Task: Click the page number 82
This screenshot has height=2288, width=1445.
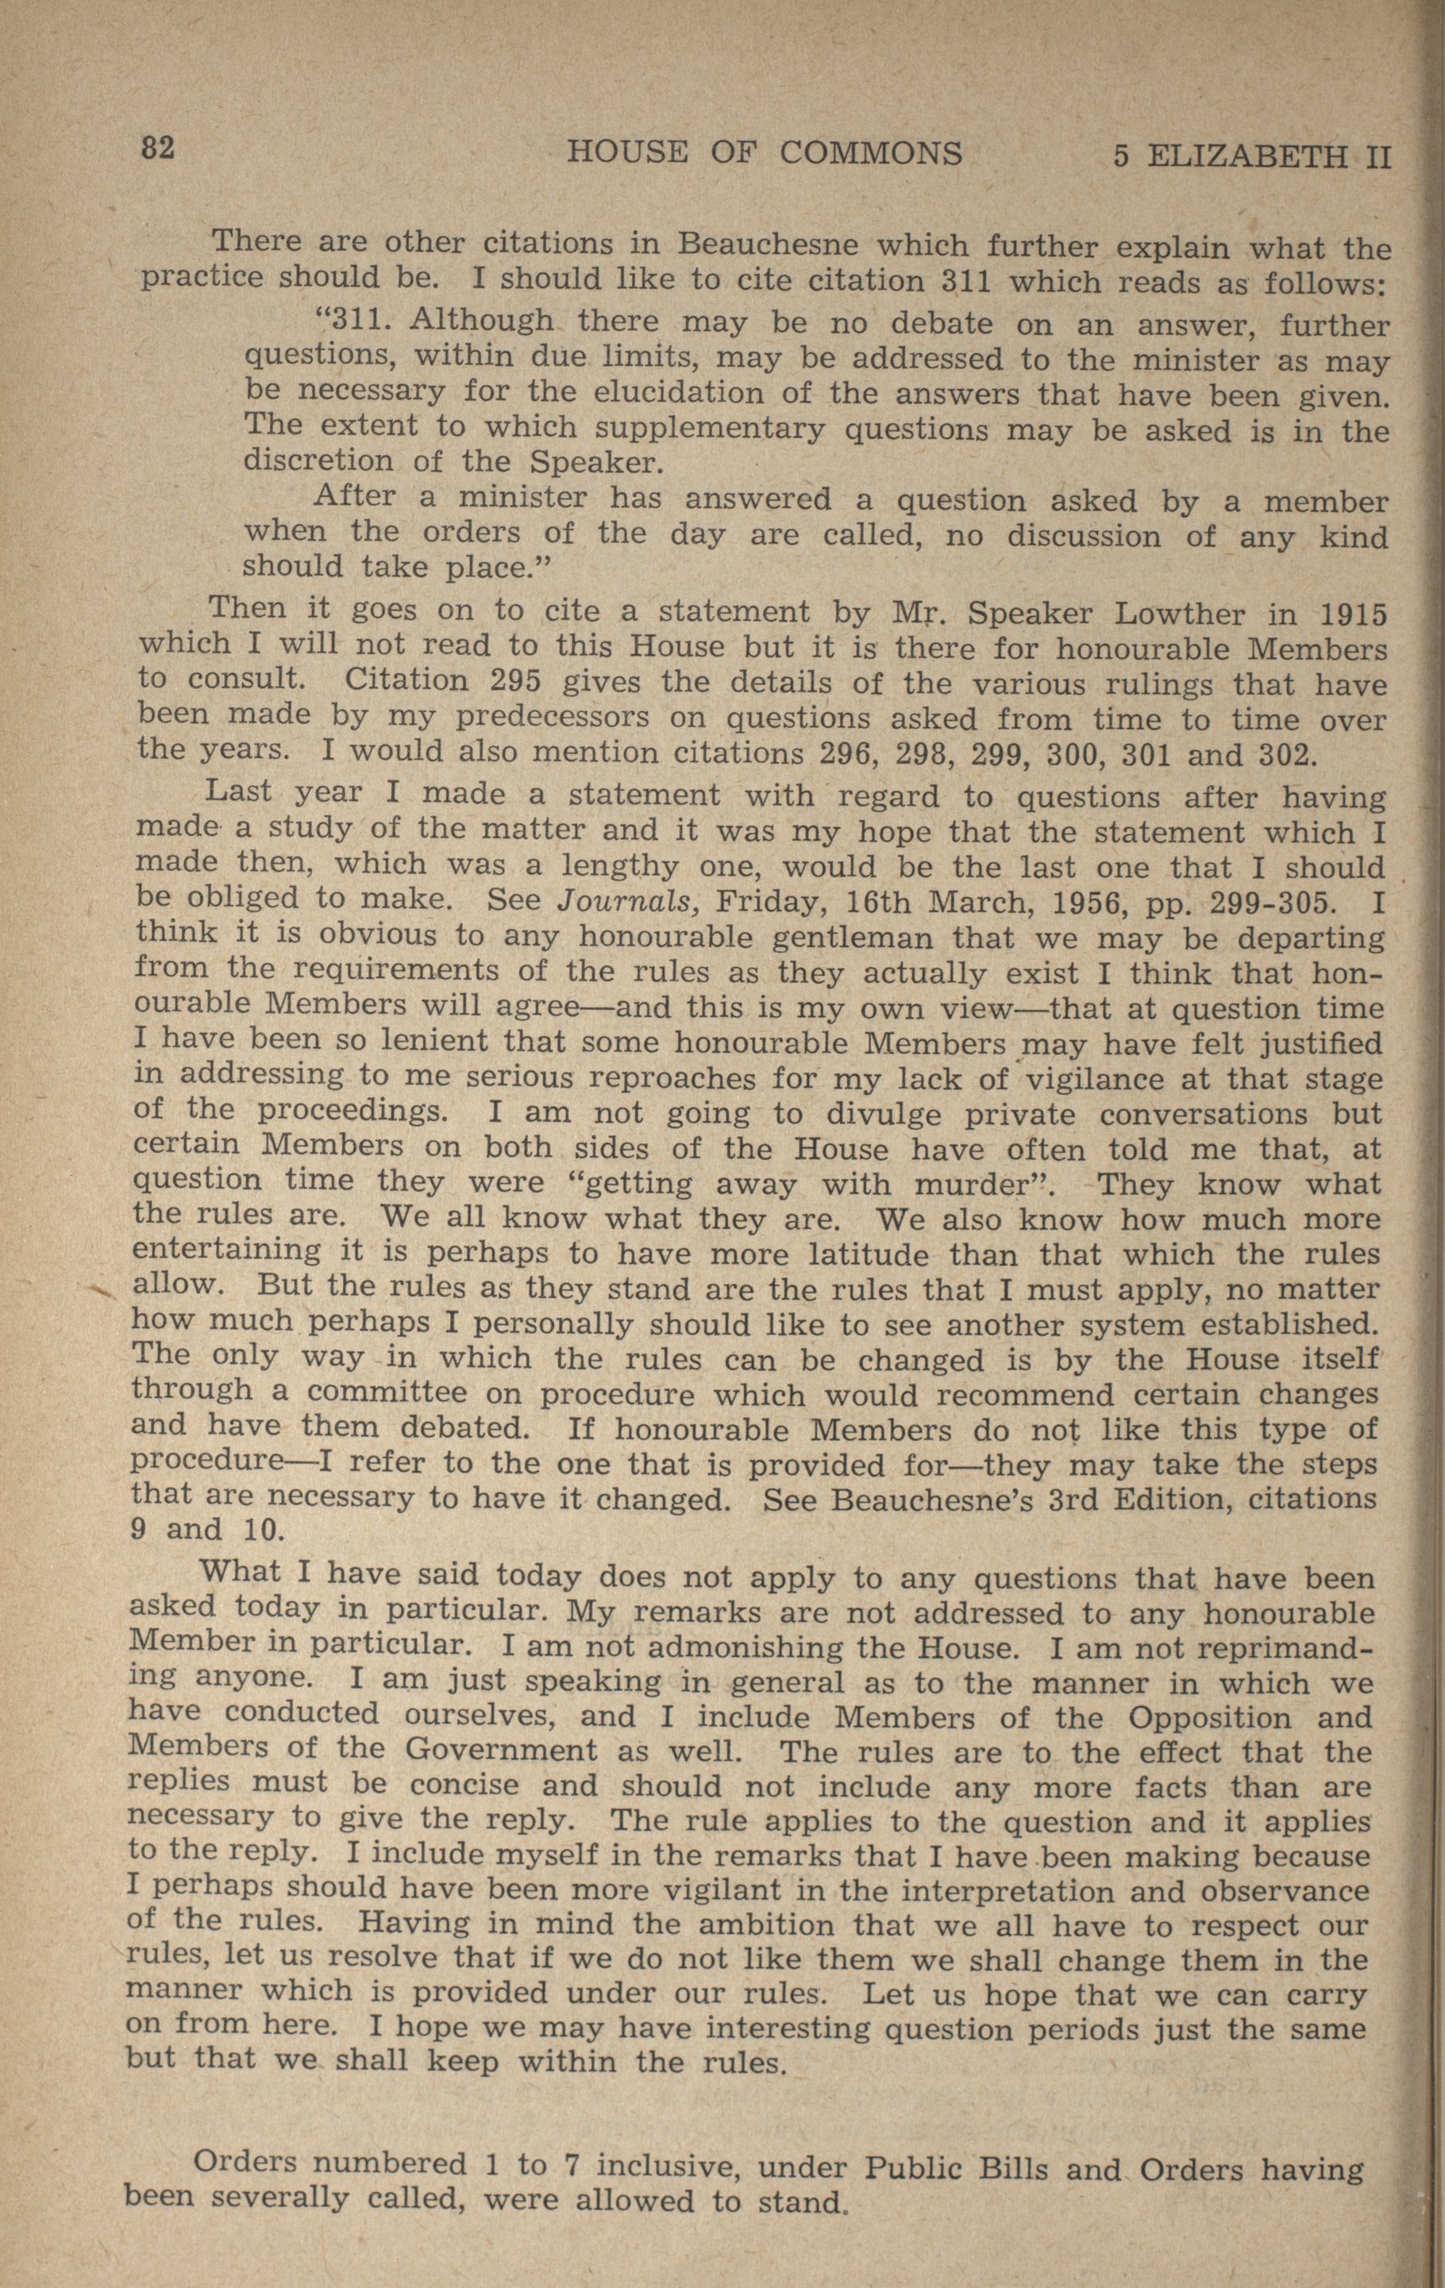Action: (x=158, y=148)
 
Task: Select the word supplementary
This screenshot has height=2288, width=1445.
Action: (x=712, y=429)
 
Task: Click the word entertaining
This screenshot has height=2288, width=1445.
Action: (x=225, y=1252)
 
